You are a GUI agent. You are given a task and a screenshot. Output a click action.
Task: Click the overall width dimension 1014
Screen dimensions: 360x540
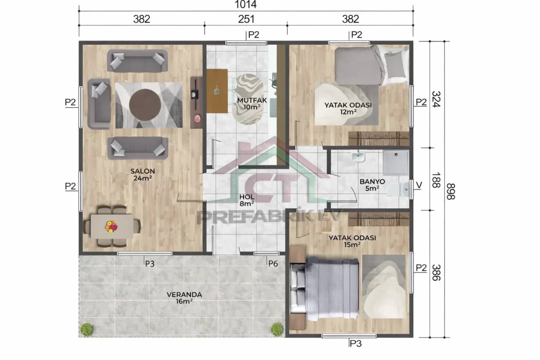coord(245,5)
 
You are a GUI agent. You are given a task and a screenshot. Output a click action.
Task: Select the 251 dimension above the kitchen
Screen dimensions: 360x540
coord(245,19)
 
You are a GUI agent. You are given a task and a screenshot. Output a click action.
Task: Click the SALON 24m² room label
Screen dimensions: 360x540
coord(142,175)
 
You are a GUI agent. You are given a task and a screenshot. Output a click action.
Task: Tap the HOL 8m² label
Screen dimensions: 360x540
coord(247,200)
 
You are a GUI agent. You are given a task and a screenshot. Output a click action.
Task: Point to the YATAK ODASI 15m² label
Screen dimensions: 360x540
coord(352,241)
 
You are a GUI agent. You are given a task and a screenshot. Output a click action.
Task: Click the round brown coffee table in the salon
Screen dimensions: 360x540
coord(145,105)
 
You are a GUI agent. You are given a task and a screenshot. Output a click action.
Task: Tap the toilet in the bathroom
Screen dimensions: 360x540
coord(397,189)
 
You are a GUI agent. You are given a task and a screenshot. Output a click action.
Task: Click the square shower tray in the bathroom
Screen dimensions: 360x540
coord(396,163)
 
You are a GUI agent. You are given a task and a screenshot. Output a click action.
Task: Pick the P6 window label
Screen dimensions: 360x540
coord(273,263)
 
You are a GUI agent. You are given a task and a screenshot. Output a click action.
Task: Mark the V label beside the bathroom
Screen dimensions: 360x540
coord(418,185)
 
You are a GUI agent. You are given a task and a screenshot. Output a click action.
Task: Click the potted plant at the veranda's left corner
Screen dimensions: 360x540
coord(87,329)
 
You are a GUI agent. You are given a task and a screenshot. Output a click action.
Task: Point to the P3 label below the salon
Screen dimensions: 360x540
coord(149,264)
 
